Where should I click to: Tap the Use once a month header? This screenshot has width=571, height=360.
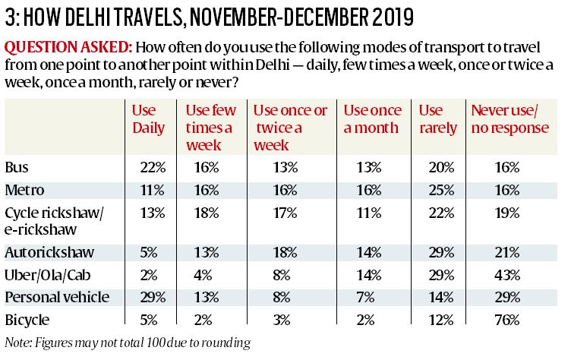[374, 119]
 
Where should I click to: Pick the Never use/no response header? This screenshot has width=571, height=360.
[509, 119]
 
